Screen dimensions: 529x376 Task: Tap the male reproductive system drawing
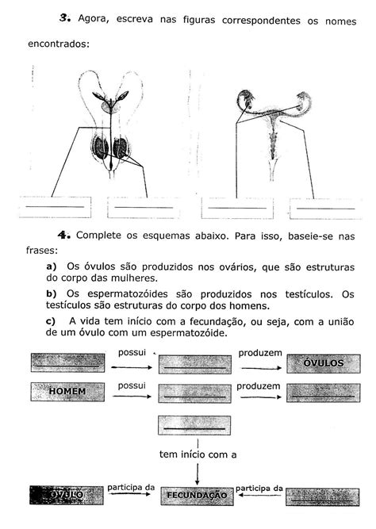click(111, 127)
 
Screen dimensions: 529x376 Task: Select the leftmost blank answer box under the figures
click(56, 207)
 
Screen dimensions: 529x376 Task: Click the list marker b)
click(53, 293)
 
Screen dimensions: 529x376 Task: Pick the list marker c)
click(52, 320)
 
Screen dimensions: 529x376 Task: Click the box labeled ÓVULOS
click(323, 363)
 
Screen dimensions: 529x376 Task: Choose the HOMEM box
click(68, 391)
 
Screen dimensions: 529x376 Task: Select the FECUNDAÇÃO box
click(195, 496)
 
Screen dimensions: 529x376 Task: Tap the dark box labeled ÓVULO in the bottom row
click(67, 495)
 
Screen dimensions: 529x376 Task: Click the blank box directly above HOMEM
click(68, 362)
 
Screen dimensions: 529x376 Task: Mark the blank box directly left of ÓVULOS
click(195, 363)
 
